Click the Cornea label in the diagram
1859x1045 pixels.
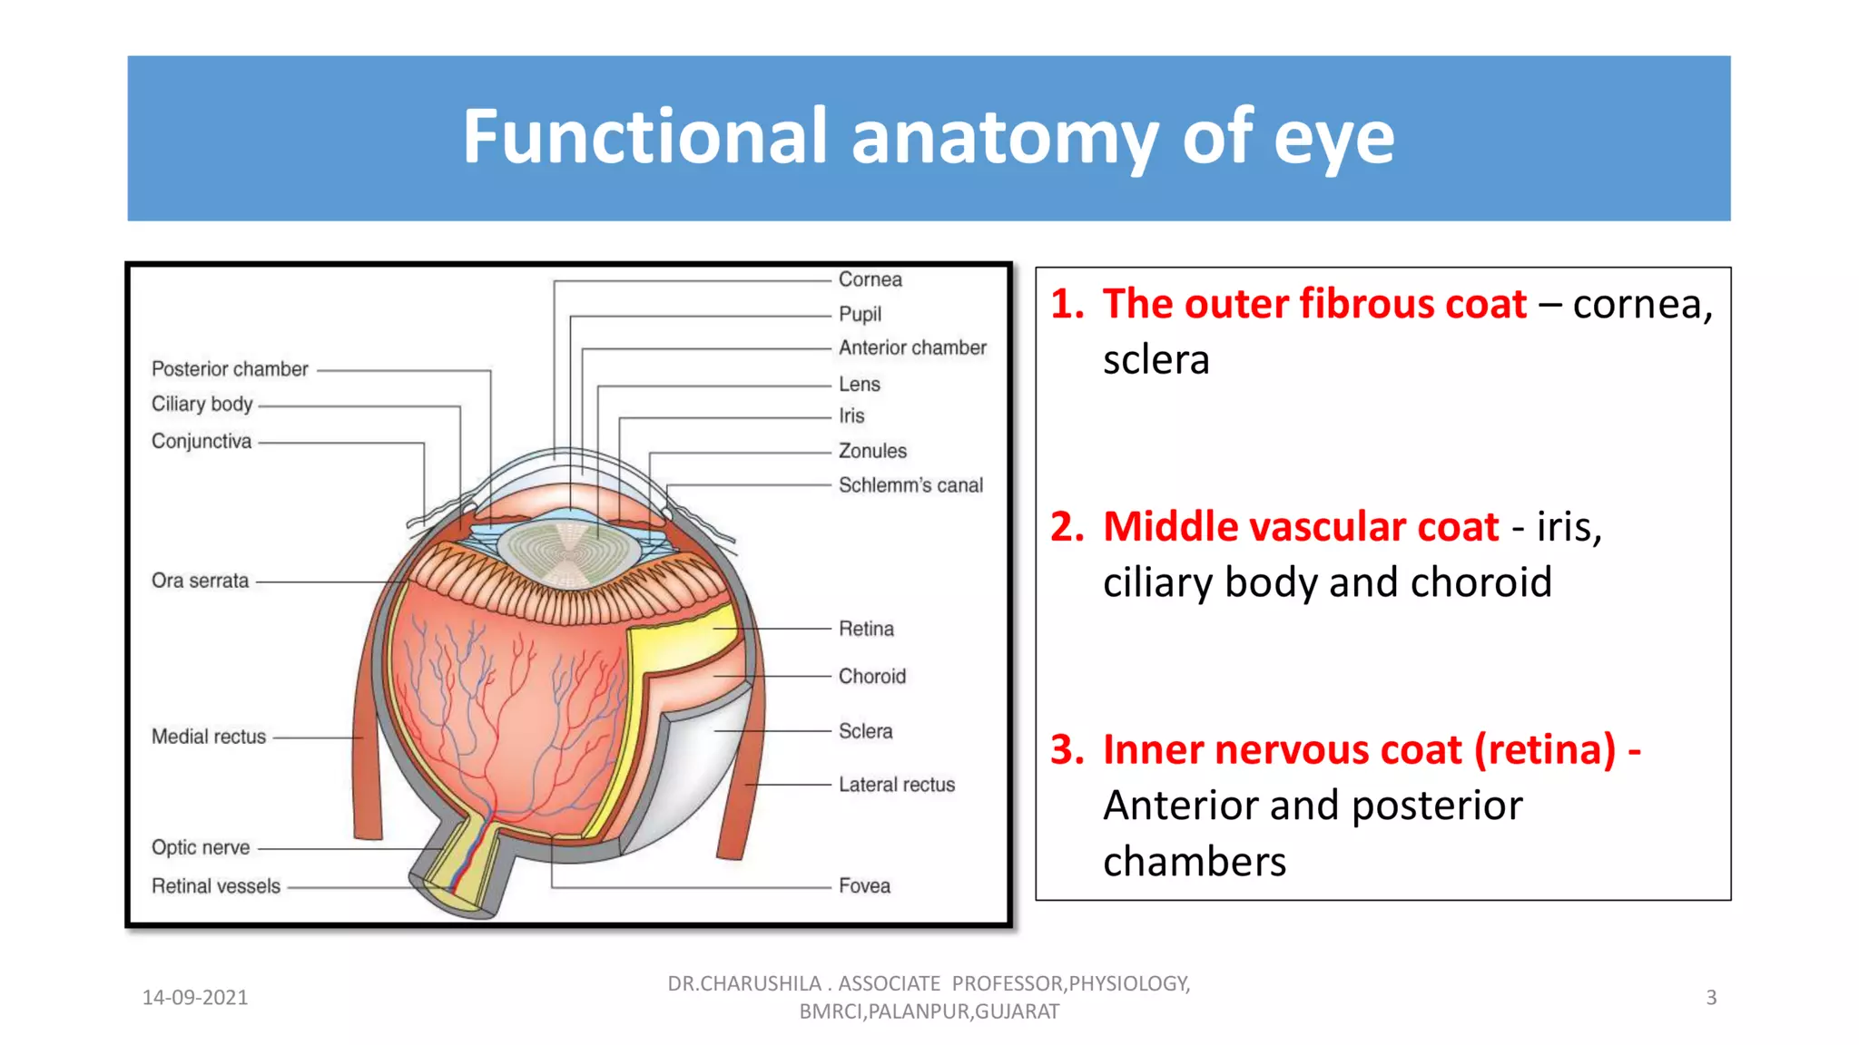[870, 279]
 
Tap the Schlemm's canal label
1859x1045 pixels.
[910, 485]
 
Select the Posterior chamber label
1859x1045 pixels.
[230, 369]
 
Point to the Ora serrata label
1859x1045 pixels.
[200, 581]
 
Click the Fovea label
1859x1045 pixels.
[864, 886]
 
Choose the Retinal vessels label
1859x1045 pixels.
[216, 886]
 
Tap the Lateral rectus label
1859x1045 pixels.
[896, 785]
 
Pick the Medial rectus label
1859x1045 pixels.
[209, 737]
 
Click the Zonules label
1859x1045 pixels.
[871, 451]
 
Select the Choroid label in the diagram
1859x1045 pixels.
[871, 677]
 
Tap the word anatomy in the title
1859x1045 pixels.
[1003, 138]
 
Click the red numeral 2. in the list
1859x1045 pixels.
[1067, 527]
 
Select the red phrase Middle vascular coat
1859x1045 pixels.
[1300, 527]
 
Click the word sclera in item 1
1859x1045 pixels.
[1156, 360]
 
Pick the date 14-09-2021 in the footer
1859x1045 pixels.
[195, 998]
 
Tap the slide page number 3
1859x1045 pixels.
[1711, 998]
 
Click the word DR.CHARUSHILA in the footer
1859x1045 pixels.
[744, 984]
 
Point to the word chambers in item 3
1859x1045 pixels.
[1194, 862]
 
